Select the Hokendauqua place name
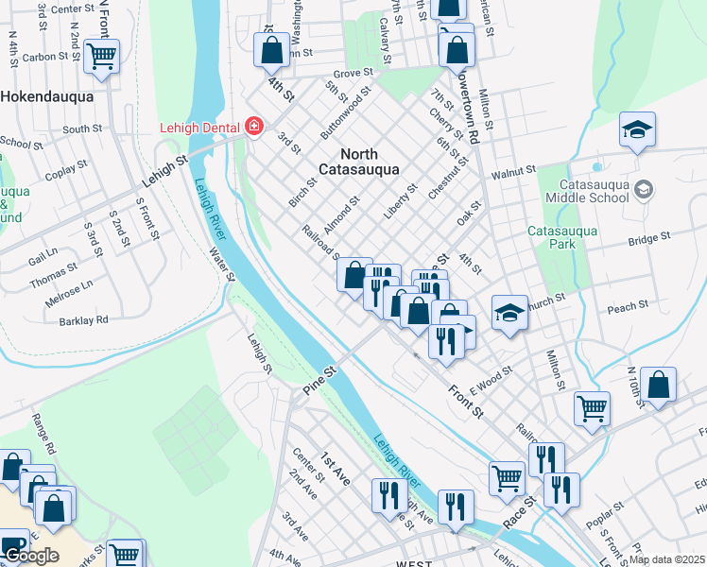46,96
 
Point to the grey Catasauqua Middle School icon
644,190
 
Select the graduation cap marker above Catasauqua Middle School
638,129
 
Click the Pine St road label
319,378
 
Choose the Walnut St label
512,172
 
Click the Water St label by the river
223,264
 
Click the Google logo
31,556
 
